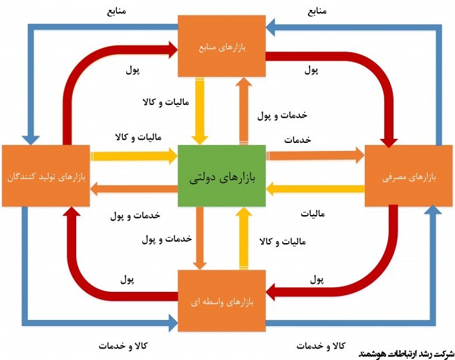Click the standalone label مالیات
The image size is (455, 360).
(312, 215)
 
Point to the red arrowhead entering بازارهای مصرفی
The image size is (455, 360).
(389, 138)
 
